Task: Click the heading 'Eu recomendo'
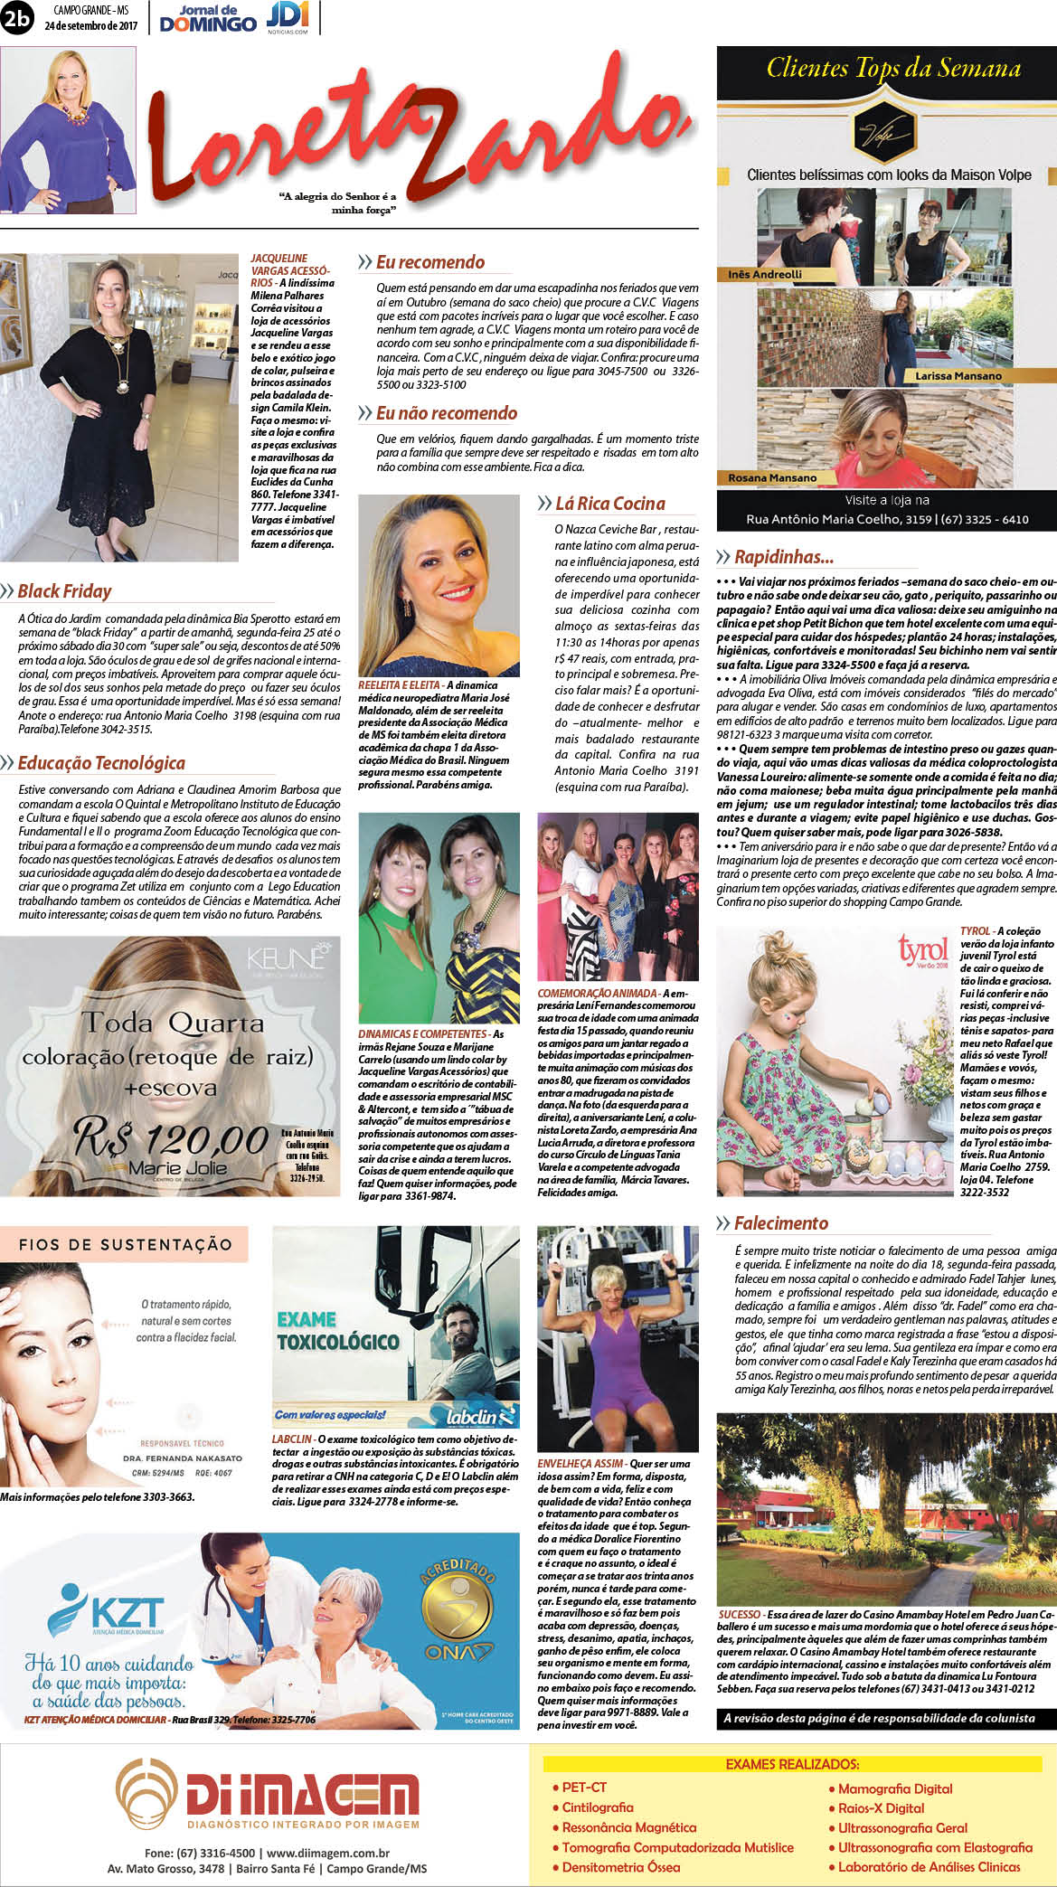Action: pyautogui.click(x=429, y=262)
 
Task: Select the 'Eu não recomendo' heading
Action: pyautogui.click(x=446, y=413)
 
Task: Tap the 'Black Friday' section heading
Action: pyautogui.click(x=64, y=591)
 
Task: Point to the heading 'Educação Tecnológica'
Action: pyautogui.click(x=101, y=763)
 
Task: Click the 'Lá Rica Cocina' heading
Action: pyautogui.click(x=609, y=504)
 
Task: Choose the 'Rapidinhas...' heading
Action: pyautogui.click(x=783, y=557)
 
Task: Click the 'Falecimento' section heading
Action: pyautogui.click(x=780, y=1223)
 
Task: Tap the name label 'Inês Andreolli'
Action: pyautogui.click(x=765, y=274)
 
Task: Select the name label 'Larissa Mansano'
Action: pyautogui.click(x=958, y=375)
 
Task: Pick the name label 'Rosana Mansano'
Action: pyautogui.click(x=772, y=477)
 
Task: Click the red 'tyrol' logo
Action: pyautogui.click(x=922, y=950)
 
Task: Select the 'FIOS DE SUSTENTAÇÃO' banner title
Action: pyautogui.click(x=126, y=1245)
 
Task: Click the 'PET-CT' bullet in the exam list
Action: pyautogui.click(x=583, y=1788)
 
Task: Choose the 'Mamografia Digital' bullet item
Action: pyautogui.click(x=894, y=1788)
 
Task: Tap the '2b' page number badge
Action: pyautogui.click(x=16, y=18)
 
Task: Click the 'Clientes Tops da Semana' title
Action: pyautogui.click(x=893, y=69)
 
